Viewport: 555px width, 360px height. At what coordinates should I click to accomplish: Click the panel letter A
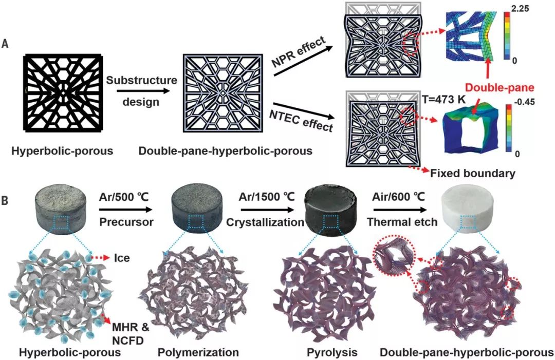point(5,45)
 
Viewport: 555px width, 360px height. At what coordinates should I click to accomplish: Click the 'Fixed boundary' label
point(473,173)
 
